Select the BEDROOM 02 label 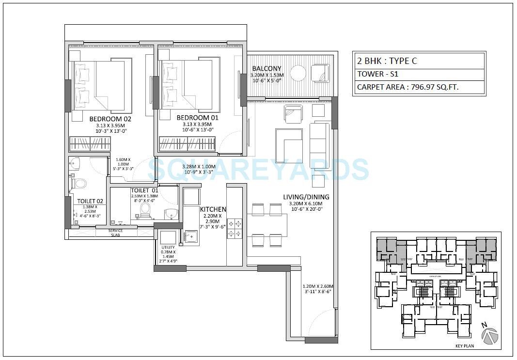(x=110, y=118)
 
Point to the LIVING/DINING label (x=306, y=197)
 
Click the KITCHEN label (x=213, y=209)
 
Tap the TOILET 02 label (x=90, y=201)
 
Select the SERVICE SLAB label (x=115, y=233)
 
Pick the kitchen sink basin (x=192, y=237)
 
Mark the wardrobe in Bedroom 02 (x=90, y=144)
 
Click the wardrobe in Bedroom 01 (x=187, y=144)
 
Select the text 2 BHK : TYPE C (x=387, y=61)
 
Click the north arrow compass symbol (x=490, y=335)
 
